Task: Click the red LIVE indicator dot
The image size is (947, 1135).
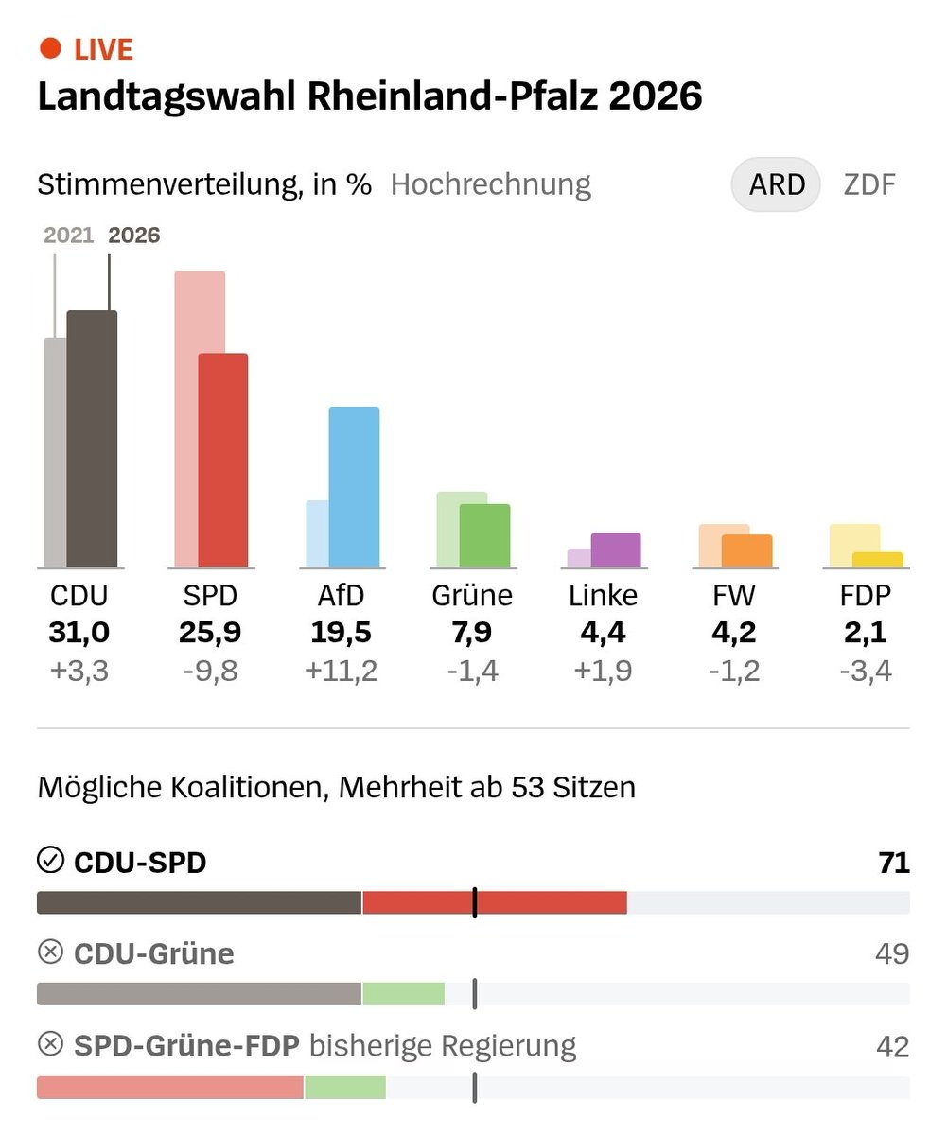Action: click(51, 48)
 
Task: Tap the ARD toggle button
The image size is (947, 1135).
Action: click(776, 183)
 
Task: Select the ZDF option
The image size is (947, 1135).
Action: click(868, 183)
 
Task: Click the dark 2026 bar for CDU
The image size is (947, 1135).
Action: click(93, 440)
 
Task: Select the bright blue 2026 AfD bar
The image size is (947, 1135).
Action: click(355, 487)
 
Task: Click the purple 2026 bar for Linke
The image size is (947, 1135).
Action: click(616, 550)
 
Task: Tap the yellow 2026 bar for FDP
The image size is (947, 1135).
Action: click(878, 560)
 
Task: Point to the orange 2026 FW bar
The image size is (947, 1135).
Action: click(747, 551)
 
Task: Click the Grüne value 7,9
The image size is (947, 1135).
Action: click(472, 632)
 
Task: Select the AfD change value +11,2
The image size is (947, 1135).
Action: click(342, 671)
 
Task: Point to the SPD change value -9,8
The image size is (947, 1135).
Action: click(208, 671)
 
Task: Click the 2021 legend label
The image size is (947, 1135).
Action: click(69, 236)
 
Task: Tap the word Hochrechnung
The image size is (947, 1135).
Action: click(490, 183)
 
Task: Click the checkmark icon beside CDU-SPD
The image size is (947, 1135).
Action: click(49, 861)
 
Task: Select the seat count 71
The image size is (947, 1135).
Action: click(892, 863)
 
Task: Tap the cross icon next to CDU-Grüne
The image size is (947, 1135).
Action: click(49, 953)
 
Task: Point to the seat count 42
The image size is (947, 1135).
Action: click(892, 1046)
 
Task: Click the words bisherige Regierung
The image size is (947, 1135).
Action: click(443, 1046)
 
